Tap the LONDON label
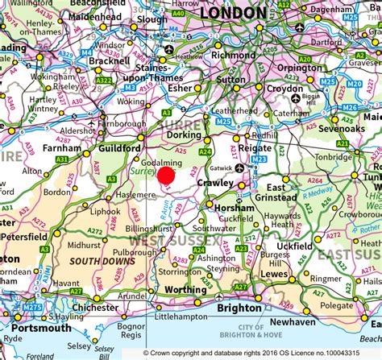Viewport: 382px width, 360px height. click(x=233, y=13)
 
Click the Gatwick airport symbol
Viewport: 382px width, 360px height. click(x=239, y=168)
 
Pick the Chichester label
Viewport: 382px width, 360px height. click(x=95, y=307)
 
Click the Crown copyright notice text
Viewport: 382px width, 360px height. click(x=262, y=353)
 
